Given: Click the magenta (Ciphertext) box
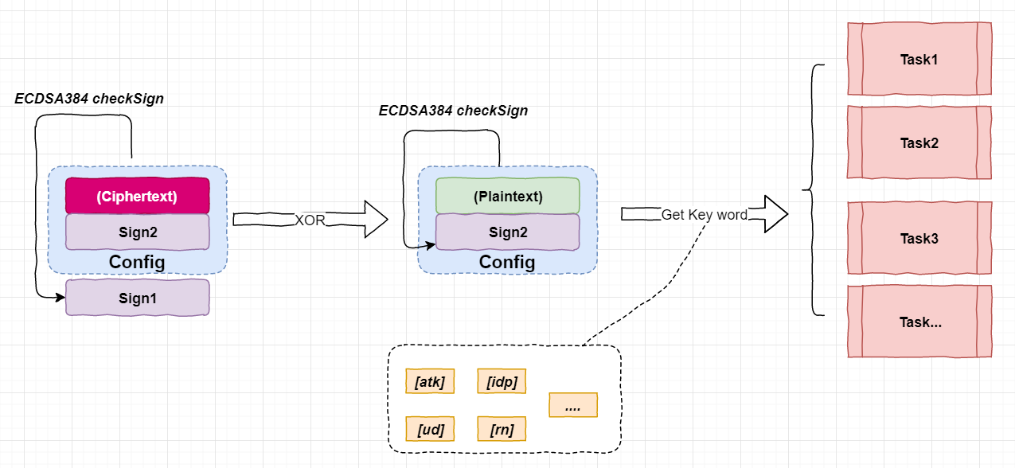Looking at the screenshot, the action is pyautogui.click(x=137, y=196).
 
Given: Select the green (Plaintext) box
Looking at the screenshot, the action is pyautogui.click(x=508, y=196).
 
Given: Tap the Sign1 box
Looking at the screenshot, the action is pyautogui.click(x=137, y=298).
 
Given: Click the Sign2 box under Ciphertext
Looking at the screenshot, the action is pyautogui.click(x=137, y=232).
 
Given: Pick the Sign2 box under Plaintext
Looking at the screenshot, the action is pyautogui.click(x=508, y=232).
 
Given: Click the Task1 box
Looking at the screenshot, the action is pyautogui.click(x=919, y=59).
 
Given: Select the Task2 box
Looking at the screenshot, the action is pyautogui.click(x=919, y=142).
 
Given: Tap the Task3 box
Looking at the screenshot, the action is pyautogui.click(x=919, y=238).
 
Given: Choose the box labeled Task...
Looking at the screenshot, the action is pyautogui.click(x=919, y=322).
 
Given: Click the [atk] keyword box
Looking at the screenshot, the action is pyautogui.click(x=430, y=381).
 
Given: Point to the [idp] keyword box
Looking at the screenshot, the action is pyautogui.click(x=502, y=381).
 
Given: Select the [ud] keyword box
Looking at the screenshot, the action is pyautogui.click(x=430, y=428).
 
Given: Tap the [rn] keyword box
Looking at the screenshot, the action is pyautogui.click(x=502, y=428).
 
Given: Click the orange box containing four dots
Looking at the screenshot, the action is pyautogui.click(x=573, y=404).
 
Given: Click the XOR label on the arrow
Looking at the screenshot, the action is pyautogui.click(x=310, y=220).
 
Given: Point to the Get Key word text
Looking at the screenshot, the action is pyautogui.click(x=705, y=215).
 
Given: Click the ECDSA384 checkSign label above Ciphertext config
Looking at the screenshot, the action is pyautogui.click(x=89, y=99).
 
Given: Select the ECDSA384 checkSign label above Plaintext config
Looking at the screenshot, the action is pyautogui.click(x=453, y=111).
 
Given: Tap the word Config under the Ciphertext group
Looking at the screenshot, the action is pyautogui.click(x=137, y=262).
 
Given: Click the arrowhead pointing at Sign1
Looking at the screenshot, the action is pyautogui.click(x=61, y=297).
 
